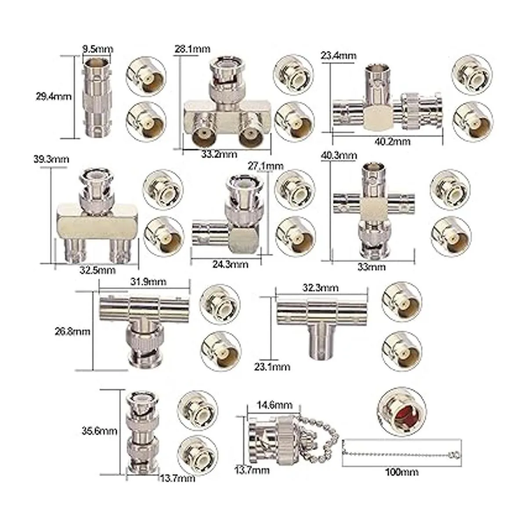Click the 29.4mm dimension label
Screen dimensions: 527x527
53,95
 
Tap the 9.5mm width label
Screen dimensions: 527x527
98,49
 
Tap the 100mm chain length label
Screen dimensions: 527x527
401,472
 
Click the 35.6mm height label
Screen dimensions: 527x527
99,431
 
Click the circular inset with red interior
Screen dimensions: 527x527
401,409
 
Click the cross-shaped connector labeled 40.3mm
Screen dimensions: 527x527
373,210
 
